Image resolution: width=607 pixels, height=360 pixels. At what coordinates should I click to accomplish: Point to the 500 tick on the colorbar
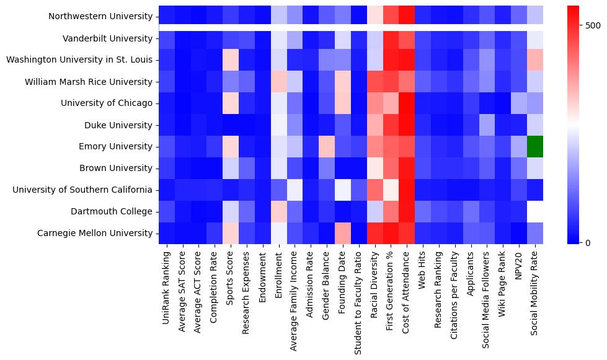pyautogui.click(x=585, y=25)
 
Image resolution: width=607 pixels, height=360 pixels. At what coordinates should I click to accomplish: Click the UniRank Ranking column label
pyautogui.click(x=166, y=283)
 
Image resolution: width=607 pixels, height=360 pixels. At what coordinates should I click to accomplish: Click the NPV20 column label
pyautogui.click(x=521, y=266)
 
